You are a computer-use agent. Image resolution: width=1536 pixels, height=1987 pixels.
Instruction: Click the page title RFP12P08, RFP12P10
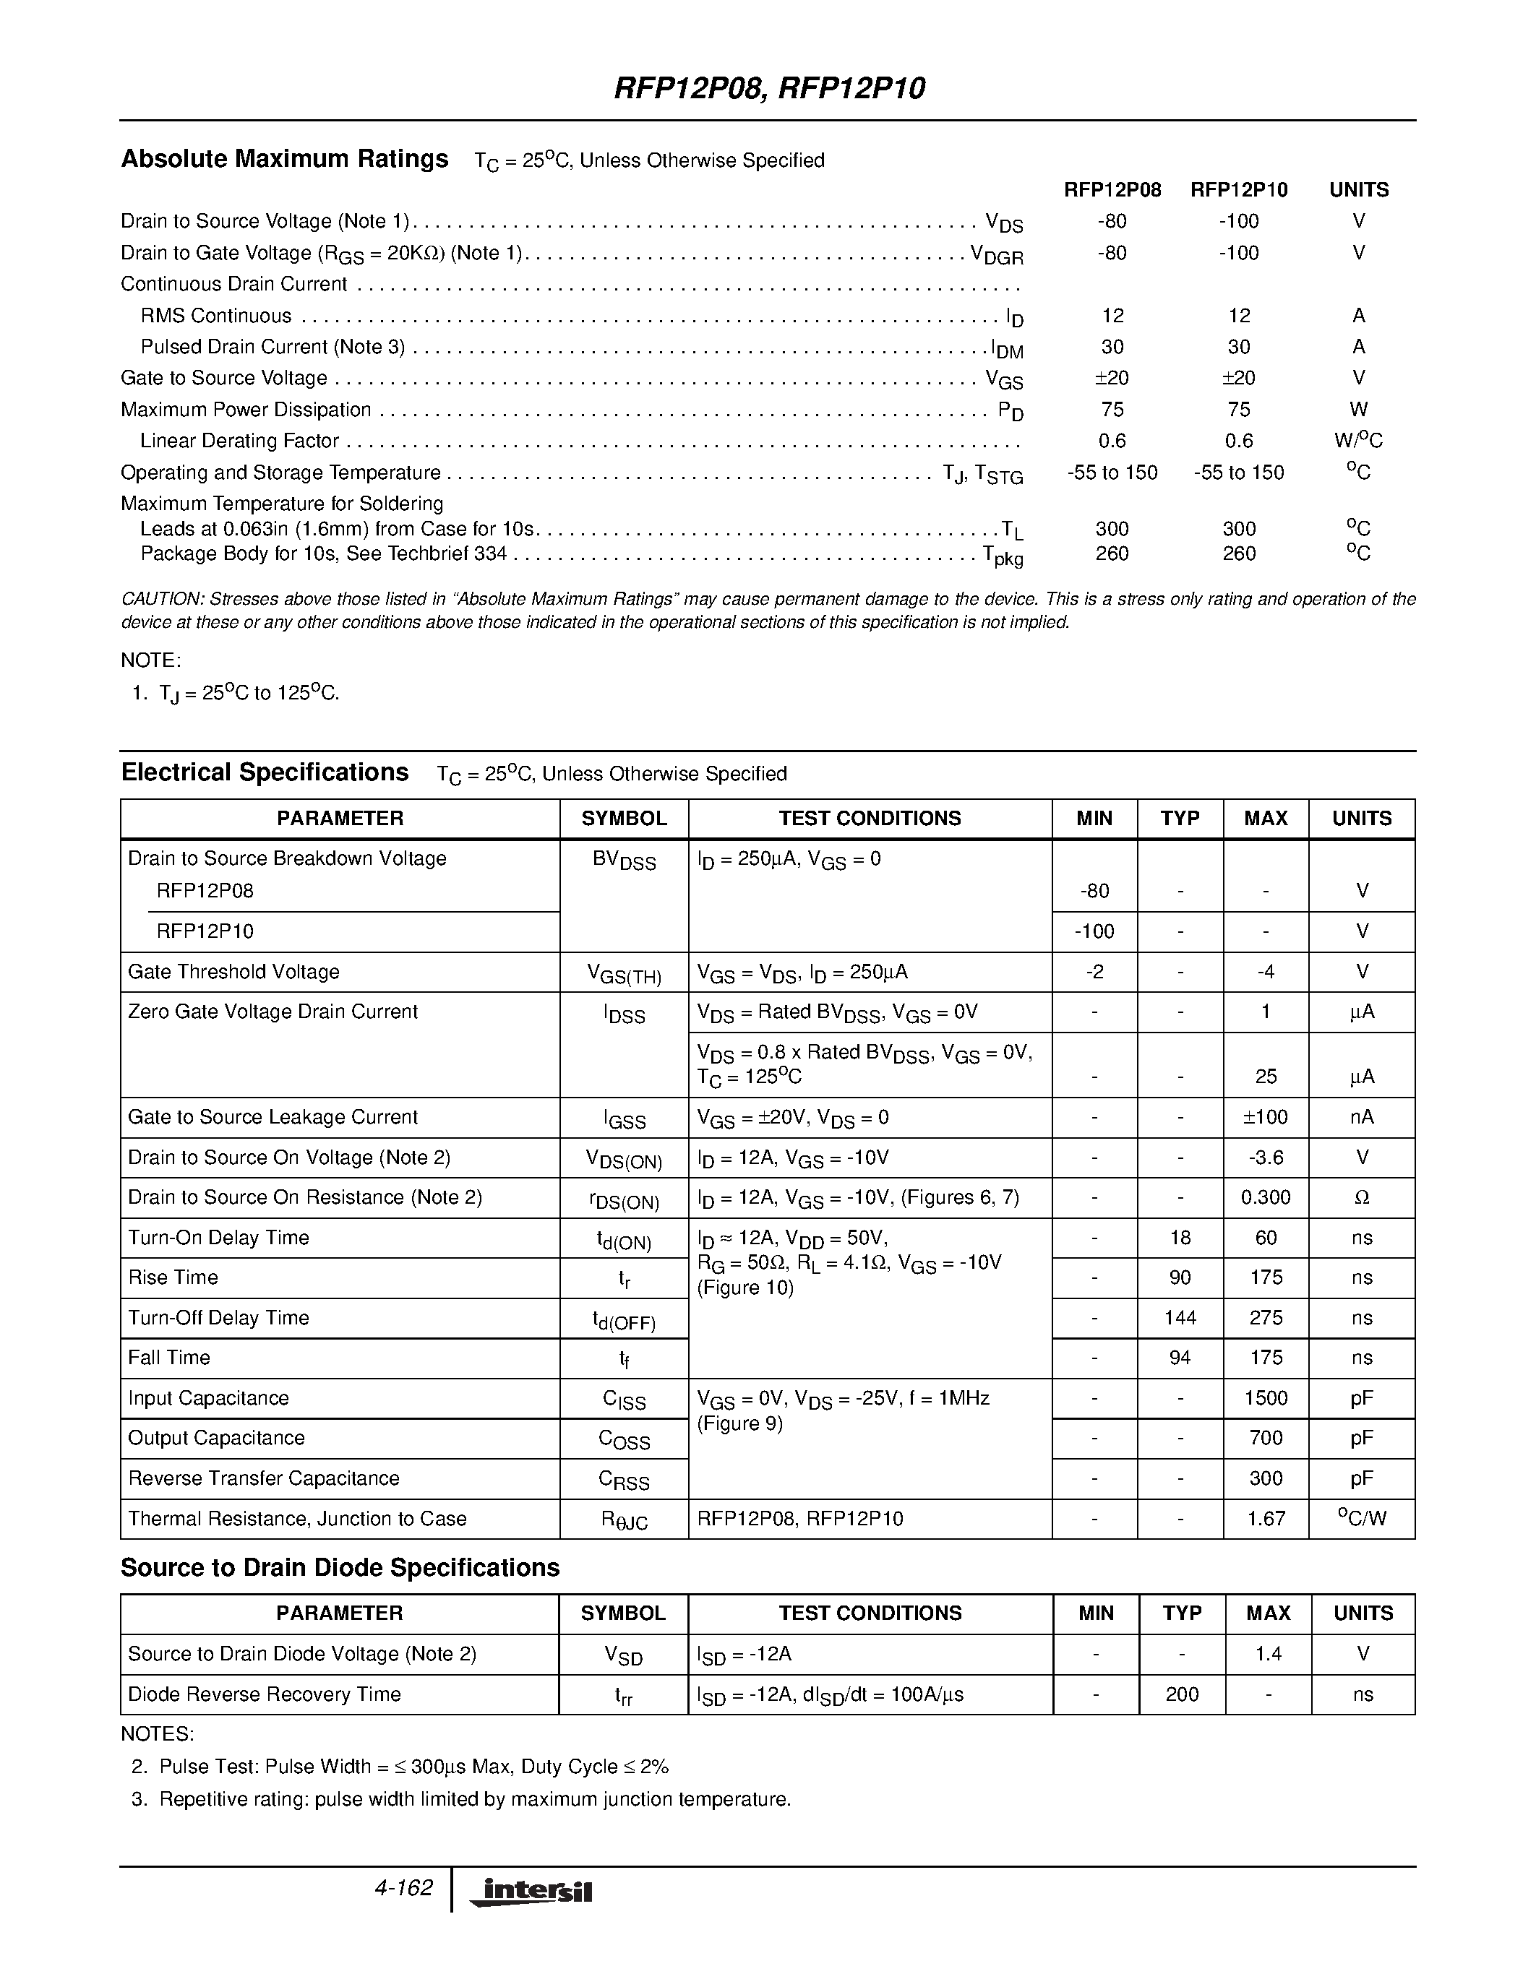[x=769, y=88]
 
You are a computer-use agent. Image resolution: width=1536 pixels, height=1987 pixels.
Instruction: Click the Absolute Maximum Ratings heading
[x=285, y=159]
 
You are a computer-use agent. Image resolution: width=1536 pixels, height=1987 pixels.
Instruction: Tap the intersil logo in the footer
[x=531, y=1891]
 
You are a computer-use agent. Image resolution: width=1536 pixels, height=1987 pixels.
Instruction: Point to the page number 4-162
[x=403, y=1888]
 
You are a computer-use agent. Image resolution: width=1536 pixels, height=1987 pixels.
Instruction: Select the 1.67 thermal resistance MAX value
[x=1266, y=1519]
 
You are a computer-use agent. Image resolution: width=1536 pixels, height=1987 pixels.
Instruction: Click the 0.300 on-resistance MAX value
[x=1266, y=1197]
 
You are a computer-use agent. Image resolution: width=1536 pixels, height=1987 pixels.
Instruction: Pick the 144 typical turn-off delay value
[x=1180, y=1317]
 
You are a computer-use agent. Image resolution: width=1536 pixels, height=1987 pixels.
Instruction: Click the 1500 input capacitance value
[x=1266, y=1397]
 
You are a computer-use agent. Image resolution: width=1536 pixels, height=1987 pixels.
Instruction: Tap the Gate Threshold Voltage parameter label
[x=234, y=972]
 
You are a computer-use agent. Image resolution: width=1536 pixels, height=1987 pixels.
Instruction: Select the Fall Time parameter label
[x=169, y=1358]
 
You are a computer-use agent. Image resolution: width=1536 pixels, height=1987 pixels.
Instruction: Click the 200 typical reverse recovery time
[x=1181, y=1694]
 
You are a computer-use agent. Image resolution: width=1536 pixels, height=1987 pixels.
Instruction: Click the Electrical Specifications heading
[x=265, y=772]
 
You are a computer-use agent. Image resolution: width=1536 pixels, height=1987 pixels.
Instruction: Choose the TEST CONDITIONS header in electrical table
[x=870, y=818]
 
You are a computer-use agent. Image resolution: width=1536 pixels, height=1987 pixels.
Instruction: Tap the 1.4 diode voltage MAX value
[x=1268, y=1654]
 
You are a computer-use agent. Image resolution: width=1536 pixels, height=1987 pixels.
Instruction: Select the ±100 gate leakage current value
[x=1266, y=1117]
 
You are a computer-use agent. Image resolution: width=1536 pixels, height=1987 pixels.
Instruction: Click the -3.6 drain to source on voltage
[x=1266, y=1158]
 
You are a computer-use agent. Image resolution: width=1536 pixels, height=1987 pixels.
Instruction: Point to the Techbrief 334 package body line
[x=323, y=553]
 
